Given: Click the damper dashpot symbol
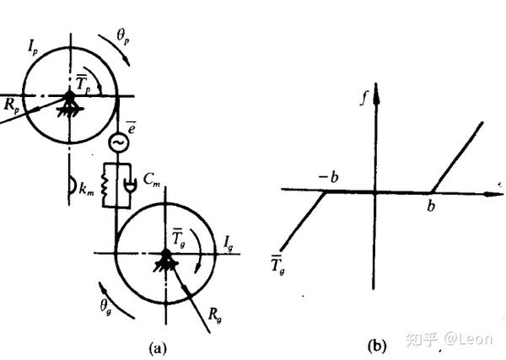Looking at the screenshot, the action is tap(126, 185).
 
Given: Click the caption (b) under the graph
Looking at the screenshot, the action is tap(376, 346).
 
